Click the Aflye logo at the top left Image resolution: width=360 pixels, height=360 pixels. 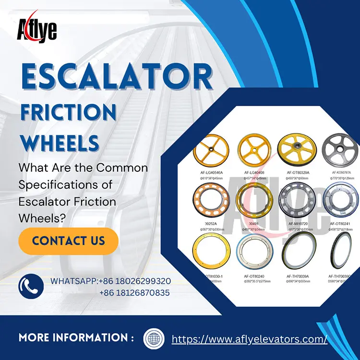(x=37, y=29)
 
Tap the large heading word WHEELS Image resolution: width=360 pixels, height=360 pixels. (x=60, y=143)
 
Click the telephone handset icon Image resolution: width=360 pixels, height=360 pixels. (x=27, y=286)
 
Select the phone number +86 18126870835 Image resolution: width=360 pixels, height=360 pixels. (x=135, y=292)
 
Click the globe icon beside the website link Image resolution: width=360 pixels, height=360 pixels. (x=154, y=338)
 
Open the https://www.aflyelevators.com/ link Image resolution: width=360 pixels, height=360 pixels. (x=249, y=338)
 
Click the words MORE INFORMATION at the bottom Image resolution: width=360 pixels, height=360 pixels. (x=76, y=338)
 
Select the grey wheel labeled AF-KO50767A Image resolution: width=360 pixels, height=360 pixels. (x=342, y=150)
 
